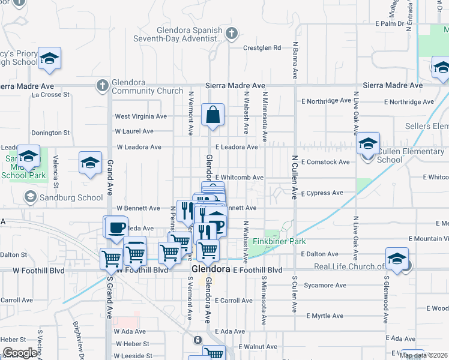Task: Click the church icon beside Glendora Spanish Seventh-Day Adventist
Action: (232, 34)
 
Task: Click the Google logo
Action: (19, 353)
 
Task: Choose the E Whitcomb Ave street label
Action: (240, 178)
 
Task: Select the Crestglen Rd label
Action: (262, 48)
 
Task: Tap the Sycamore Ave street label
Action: (325, 285)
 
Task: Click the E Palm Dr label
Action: (391, 23)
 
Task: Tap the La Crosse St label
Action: (51, 94)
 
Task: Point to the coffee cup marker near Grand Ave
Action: (116, 227)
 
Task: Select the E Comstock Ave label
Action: (325, 162)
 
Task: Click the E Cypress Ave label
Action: (322, 193)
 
